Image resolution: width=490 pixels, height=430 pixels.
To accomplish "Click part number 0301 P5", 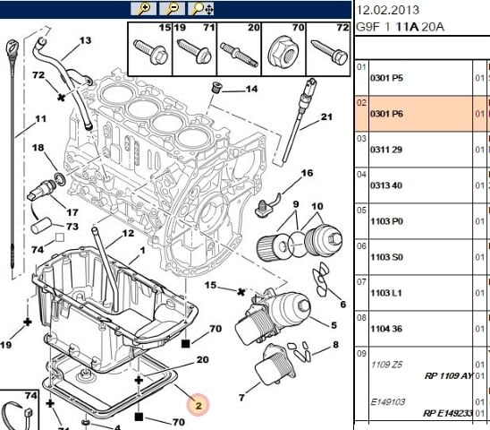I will [x=387, y=78].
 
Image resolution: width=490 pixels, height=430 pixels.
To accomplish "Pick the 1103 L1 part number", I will [x=387, y=294].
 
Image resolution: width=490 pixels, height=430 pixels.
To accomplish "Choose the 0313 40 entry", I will [x=387, y=185].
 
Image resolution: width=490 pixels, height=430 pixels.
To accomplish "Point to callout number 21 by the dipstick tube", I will [x=326, y=116].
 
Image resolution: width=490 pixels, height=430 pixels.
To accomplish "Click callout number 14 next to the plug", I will [x=251, y=90].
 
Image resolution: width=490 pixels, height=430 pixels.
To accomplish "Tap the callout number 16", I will [x=307, y=173].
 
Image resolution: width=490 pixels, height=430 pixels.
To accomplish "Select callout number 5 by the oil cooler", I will [x=334, y=325].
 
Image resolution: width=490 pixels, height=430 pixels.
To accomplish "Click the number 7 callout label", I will [x=241, y=397].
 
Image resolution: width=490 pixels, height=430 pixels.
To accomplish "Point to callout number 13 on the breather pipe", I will [x=86, y=41].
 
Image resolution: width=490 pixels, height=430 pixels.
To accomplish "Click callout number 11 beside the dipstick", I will [x=40, y=118].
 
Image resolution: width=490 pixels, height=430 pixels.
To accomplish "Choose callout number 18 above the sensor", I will [x=38, y=148].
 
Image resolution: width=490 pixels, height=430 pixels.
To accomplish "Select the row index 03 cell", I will [x=361, y=139].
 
